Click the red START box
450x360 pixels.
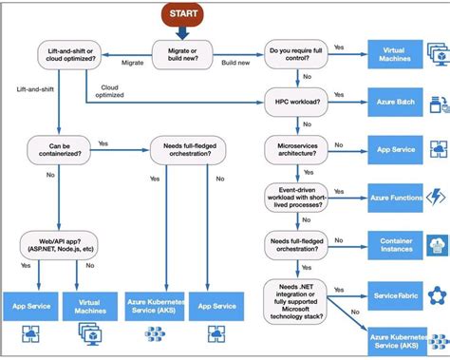tap(182, 14)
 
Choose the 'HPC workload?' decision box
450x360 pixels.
tap(296, 99)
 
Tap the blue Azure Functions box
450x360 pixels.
tap(392, 197)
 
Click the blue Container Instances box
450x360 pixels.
tap(392, 244)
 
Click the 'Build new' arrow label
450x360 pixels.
tap(235, 63)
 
